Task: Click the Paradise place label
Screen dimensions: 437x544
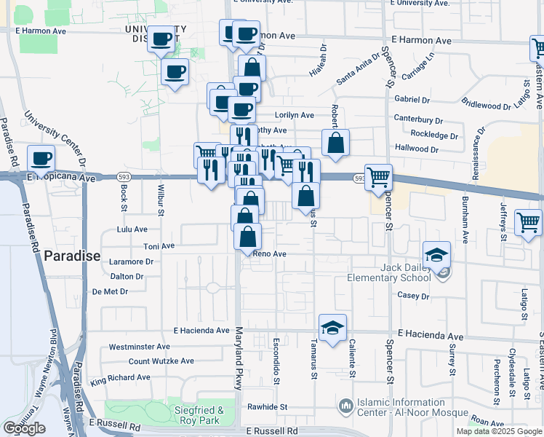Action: click(72, 256)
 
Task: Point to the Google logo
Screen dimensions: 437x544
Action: click(24, 428)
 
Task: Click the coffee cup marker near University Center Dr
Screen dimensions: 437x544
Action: click(41, 158)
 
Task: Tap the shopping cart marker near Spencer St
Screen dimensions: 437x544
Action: click(378, 177)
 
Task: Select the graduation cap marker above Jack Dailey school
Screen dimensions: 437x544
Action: click(436, 255)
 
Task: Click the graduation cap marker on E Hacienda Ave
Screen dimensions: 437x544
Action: click(332, 328)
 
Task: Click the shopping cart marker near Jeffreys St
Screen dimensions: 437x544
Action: click(528, 221)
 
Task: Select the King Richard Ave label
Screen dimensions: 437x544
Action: click(120, 379)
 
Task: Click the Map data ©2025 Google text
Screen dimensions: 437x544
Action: click(498, 431)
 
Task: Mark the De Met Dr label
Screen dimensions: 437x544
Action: click(111, 291)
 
